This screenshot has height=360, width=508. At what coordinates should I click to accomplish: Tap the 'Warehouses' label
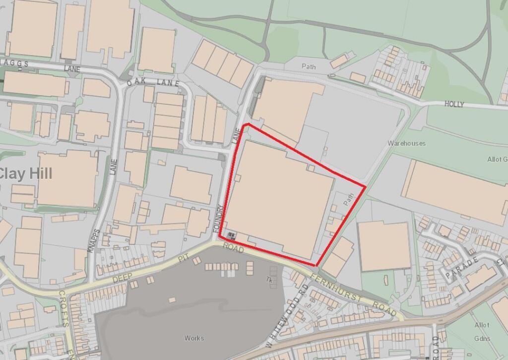pyautogui.click(x=407, y=144)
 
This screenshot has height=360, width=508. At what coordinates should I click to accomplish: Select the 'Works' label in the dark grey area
pyautogui.click(x=194, y=338)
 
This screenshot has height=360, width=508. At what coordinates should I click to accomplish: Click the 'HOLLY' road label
pyautogui.click(x=454, y=104)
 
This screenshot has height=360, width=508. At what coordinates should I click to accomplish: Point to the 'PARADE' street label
pyautogui.click(x=461, y=268)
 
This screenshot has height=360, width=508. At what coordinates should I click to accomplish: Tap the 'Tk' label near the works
pyautogui.click(x=270, y=281)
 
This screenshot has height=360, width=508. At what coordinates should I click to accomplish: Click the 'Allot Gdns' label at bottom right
pyautogui.click(x=482, y=332)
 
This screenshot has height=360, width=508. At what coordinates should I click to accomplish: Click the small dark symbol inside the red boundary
pyautogui.click(x=232, y=234)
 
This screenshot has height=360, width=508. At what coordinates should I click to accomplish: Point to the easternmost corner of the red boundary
pyautogui.click(x=366, y=187)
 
